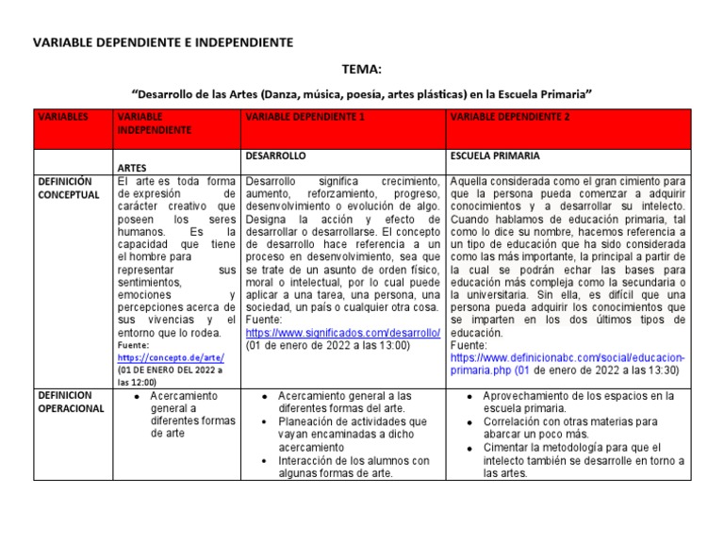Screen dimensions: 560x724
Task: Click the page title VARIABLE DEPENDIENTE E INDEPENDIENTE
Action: pyautogui.click(x=163, y=42)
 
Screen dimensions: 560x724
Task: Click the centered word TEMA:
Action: pyautogui.click(x=362, y=70)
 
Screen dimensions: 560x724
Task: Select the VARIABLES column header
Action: pyautogui.click(x=62, y=117)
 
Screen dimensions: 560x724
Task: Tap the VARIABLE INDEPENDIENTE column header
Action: pyautogui.click(x=153, y=123)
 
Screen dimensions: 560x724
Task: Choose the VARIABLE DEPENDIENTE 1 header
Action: pyautogui.click(x=304, y=117)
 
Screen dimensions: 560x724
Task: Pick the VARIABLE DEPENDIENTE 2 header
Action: pyautogui.click(x=510, y=117)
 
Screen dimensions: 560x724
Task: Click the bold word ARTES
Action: pyautogui.click(x=133, y=168)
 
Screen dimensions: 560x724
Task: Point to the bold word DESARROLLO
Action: pyautogui.click(x=274, y=155)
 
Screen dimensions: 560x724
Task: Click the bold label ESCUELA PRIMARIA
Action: pyautogui.click(x=496, y=155)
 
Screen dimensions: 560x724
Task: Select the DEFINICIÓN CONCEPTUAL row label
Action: pyautogui.click(x=68, y=188)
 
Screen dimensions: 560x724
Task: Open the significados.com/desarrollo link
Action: pyautogui.click(x=342, y=333)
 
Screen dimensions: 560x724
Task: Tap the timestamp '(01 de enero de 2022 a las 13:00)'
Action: pyautogui.click(x=328, y=346)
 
